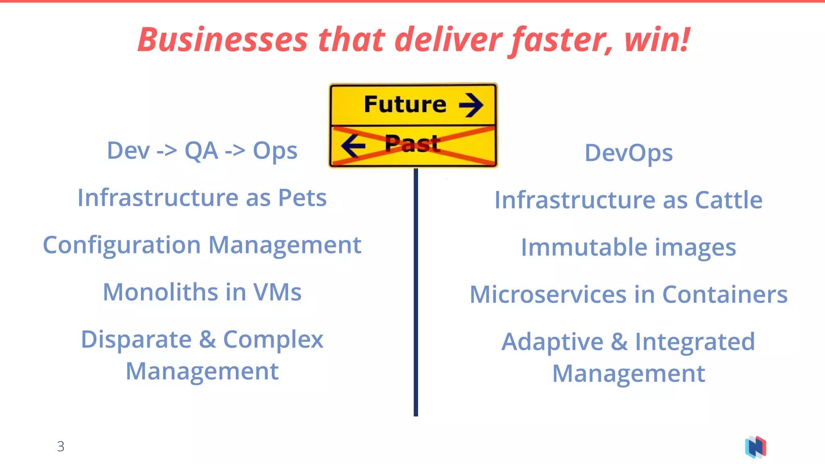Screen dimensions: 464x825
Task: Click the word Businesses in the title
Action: (223, 40)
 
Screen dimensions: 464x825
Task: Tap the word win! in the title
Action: (657, 40)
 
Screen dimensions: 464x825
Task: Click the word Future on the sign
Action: (405, 104)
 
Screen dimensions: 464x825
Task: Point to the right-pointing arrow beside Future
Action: (471, 105)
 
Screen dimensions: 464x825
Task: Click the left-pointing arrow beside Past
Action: (353, 145)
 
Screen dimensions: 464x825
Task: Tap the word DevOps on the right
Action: (628, 153)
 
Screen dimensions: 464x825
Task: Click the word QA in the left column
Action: (201, 151)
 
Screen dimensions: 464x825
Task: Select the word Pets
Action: (302, 198)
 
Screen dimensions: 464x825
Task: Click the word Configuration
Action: (122, 245)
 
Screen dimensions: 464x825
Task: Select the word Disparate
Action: (136, 340)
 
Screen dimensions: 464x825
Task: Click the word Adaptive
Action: (552, 342)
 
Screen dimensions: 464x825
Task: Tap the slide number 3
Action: (60, 446)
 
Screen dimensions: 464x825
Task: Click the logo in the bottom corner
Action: (756, 447)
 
